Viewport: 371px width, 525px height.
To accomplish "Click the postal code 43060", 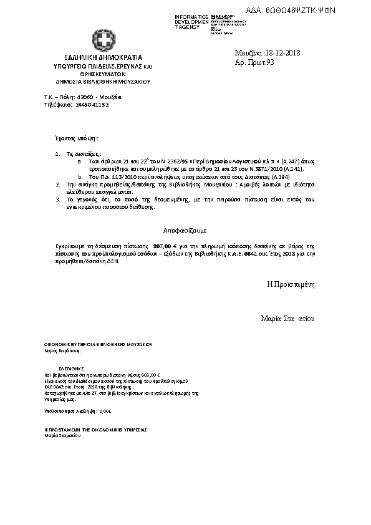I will click(85, 98).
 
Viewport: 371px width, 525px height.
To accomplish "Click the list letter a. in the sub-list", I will click(79, 161).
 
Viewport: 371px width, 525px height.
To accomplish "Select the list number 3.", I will click(58, 199).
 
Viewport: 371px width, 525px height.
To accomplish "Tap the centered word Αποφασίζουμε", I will click(185, 231).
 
